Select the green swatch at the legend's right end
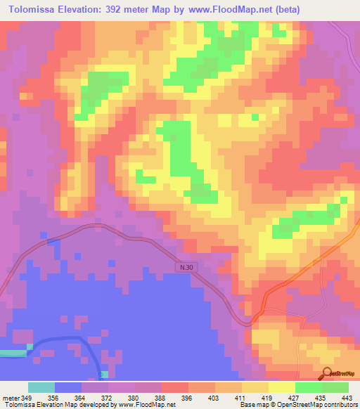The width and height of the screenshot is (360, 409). [335, 387]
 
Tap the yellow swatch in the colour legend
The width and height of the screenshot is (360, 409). [281, 387]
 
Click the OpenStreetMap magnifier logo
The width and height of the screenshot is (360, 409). [328, 373]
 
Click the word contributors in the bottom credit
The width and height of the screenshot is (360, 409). [340, 405]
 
